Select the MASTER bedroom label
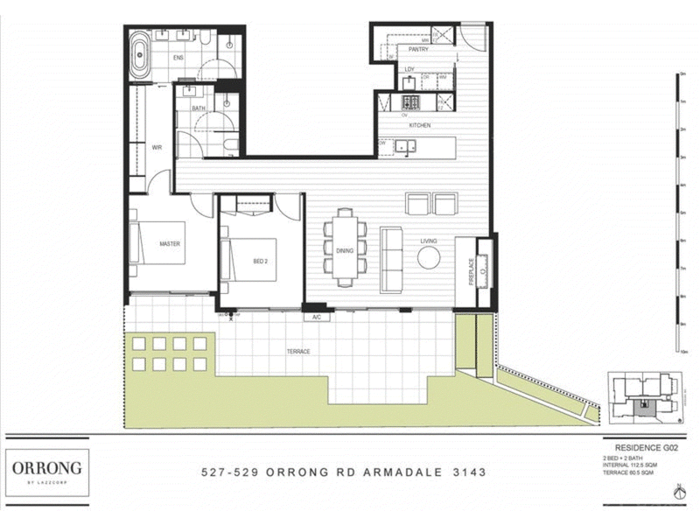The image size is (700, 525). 170,244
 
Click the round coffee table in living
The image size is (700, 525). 429,257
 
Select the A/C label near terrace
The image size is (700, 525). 316,318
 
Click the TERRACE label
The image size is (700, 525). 297,352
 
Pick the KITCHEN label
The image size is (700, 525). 420,126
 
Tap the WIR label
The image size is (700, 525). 157,148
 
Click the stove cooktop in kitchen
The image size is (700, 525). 411,102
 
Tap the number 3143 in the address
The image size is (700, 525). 467,472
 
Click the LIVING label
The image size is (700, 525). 428,241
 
